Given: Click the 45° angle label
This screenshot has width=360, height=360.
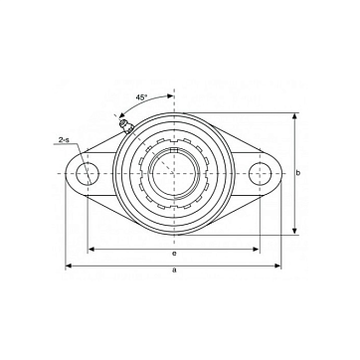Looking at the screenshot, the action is (x=141, y=97).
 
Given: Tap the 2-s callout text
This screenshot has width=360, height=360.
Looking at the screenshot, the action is (x=64, y=140).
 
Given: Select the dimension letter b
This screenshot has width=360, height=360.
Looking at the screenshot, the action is (x=298, y=173).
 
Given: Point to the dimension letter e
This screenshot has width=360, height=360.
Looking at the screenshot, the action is (x=174, y=254).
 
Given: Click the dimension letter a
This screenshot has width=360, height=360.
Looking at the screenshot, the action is (x=174, y=270).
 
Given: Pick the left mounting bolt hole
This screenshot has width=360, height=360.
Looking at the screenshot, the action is (x=88, y=173).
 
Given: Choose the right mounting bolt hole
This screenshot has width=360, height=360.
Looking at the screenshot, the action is (x=260, y=173).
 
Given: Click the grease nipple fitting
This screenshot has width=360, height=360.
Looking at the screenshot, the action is (x=126, y=125).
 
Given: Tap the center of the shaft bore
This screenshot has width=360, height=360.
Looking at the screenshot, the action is (x=174, y=173).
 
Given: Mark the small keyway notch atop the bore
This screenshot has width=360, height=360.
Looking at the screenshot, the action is (x=174, y=150).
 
